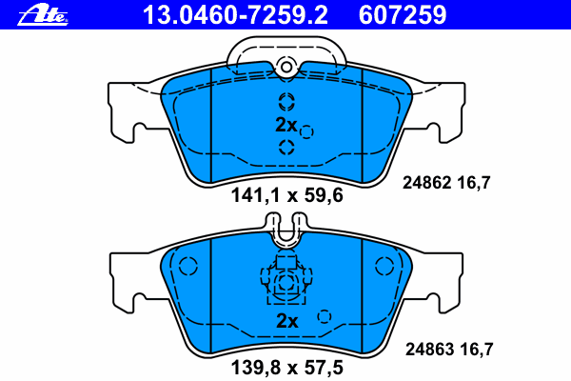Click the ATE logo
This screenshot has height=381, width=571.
[x=48, y=13]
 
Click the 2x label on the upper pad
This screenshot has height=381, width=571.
[x=285, y=125]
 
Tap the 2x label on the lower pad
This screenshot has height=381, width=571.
[x=285, y=321]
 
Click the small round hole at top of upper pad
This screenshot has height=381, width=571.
[x=285, y=66]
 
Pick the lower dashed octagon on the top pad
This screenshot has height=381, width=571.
[x=285, y=146]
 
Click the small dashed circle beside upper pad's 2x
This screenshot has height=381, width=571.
[x=306, y=131]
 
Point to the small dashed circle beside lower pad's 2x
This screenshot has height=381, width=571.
[x=324, y=316]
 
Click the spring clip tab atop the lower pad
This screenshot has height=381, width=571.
[x=285, y=226]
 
